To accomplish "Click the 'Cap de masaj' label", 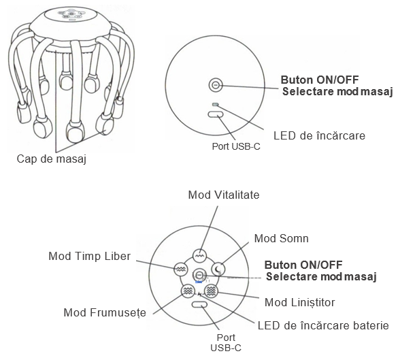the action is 52,159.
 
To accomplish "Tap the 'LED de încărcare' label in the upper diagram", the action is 319,135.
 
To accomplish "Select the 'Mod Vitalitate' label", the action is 224,195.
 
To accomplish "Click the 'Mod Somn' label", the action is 281,238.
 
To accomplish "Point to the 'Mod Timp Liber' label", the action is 89,256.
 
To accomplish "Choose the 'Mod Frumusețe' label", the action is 105,313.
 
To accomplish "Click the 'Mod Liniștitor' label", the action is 300,302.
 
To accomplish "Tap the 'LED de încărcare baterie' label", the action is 323,325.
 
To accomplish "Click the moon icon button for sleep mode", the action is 218,269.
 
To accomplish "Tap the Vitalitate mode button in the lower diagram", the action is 199,256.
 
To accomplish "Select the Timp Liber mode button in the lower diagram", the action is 181,269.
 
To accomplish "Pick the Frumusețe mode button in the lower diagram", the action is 188,291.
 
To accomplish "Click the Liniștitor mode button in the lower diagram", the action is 211,291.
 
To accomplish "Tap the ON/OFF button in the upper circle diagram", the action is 216,85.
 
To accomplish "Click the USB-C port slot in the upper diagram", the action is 216,114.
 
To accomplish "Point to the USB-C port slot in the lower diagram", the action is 199,304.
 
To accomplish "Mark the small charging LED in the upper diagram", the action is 215,104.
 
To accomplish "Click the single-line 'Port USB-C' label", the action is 236,146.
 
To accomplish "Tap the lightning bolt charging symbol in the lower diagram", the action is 200,295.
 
